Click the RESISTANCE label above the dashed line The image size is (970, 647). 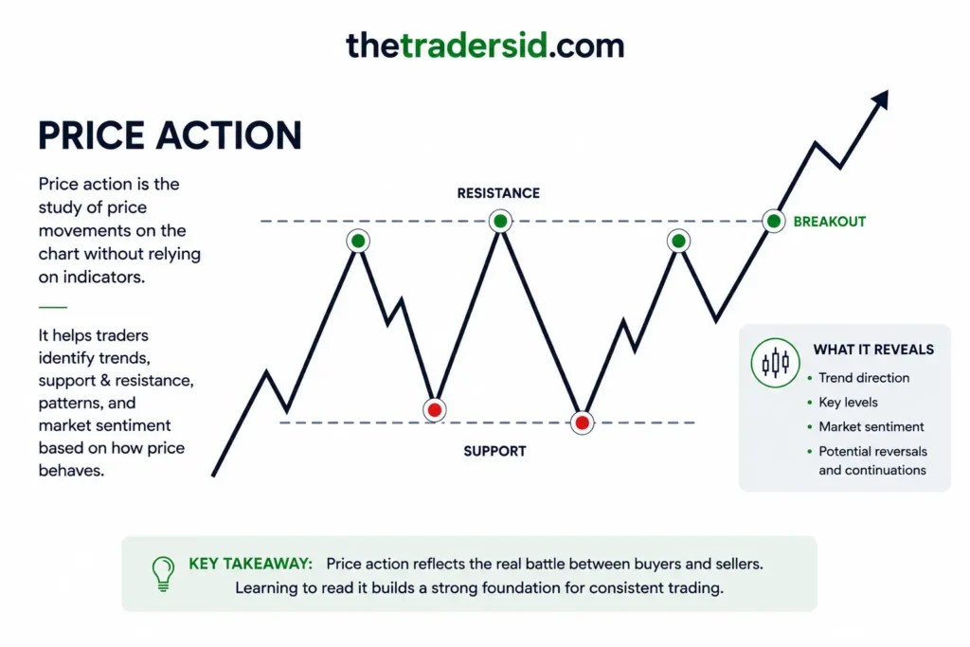click(x=498, y=193)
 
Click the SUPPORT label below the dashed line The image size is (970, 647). click(x=494, y=451)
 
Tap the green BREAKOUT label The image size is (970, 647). click(x=830, y=222)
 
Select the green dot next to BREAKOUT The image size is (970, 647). click(x=773, y=221)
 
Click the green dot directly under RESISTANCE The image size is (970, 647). click(x=500, y=221)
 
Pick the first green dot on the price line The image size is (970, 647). click(x=358, y=241)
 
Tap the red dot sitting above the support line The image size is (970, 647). click(x=435, y=409)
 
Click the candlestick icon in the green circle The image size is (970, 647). click(x=775, y=363)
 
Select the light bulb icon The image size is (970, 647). click(x=163, y=574)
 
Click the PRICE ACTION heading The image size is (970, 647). click(x=171, y=135)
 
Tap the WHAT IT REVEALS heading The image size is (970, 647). click(x=873, y=350)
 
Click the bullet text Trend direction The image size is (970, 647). click(x=864, y=378)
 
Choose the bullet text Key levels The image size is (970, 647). click(x=848, y=402)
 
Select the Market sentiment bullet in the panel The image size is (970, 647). click(x=871, y=427)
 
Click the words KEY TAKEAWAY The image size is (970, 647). click(x=250, y=564)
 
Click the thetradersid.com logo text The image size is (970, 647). click(x=485, y=45)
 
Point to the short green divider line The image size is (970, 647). click(x=53, y=307)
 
